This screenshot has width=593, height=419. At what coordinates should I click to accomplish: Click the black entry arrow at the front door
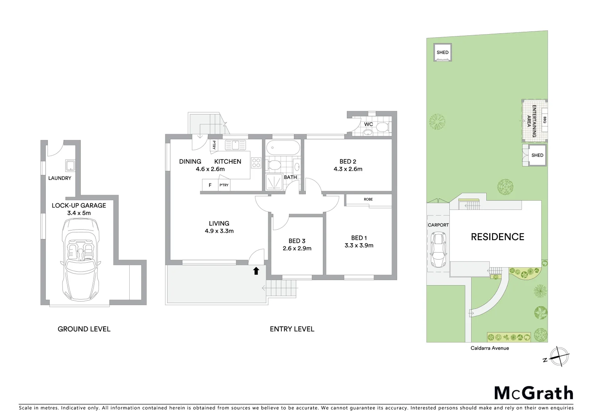click(256, 271)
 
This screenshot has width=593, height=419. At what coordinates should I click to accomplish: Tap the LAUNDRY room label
click(60, 178)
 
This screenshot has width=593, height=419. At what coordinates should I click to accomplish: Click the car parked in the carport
click(439, 251)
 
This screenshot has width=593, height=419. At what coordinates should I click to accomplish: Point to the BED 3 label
click(297, 241)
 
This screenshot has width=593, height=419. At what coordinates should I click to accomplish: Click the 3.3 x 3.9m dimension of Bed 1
click(359, 245)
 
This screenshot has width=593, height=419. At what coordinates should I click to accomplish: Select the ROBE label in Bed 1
click(368, 199)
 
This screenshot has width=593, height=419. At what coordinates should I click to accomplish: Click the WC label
click(368, 124)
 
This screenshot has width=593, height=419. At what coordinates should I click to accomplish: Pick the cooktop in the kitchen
click(256, 163)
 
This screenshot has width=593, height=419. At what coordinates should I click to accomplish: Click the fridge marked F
click(210, 185)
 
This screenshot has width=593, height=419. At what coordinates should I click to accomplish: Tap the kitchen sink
click(235, 145)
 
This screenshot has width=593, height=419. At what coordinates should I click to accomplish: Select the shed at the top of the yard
click(442, 52)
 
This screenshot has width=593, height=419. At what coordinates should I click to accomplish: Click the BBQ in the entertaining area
click(544, 120)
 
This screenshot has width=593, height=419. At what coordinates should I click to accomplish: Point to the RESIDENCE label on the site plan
click(497, 237)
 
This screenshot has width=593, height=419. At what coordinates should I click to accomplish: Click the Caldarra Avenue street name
click(489, 348)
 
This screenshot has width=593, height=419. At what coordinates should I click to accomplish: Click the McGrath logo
click(534, 393)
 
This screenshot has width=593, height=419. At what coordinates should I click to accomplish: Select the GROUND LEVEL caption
click(84, 329)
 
